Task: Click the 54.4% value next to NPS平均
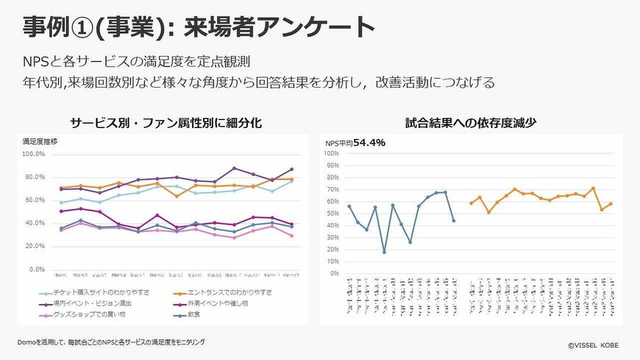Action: click(369, 143)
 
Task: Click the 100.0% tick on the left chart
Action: click(35, 154)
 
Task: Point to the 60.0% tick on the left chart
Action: click(36, 200)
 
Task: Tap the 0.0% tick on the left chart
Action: click(38, 269)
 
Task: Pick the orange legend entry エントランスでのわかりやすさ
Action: click(235, 293)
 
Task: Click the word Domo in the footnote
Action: click(29, 342)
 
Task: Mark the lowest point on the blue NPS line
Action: click(384, 252)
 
